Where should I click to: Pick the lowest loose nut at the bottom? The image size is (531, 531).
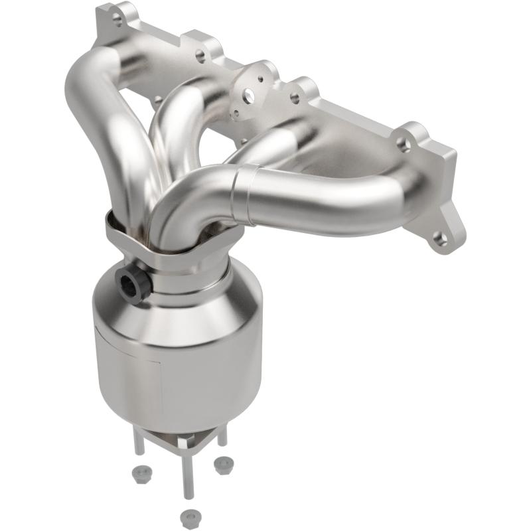(x=190, y=515)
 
